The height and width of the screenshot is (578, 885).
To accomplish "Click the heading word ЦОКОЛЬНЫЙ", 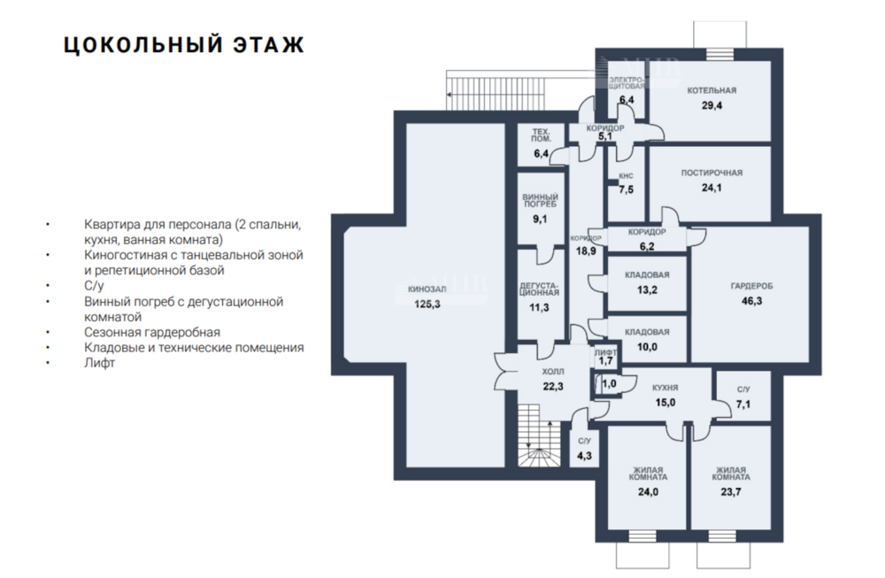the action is point(142,45).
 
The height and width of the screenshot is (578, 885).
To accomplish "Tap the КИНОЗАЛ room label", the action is point(427,289).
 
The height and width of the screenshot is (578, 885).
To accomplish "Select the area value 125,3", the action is point(427,304).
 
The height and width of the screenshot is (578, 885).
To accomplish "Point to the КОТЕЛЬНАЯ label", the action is point(712,90).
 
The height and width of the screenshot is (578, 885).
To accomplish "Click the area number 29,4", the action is point(712,105).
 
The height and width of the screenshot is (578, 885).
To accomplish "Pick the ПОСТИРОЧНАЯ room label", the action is point(712,173).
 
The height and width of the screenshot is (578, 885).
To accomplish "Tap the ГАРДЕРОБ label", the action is point(751,286).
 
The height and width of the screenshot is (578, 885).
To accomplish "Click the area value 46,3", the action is point(751,301).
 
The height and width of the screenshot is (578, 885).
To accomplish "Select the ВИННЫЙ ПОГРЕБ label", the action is point(540,200).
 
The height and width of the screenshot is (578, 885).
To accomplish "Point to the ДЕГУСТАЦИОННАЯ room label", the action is point(540,289).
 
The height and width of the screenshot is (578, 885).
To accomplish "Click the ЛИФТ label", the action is point(605,352).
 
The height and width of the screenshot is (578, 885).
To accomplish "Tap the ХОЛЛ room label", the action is point(552,372).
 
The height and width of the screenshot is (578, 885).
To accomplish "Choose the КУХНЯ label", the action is point(665,389).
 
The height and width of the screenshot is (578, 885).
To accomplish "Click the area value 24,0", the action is point(648,492).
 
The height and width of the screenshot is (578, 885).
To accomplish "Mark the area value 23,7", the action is point(731,492).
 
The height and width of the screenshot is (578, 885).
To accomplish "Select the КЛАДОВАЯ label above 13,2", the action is point(647,275).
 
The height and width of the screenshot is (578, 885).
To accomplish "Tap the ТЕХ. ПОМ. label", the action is point(541,135).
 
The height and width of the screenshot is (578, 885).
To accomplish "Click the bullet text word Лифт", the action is point(99,363).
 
